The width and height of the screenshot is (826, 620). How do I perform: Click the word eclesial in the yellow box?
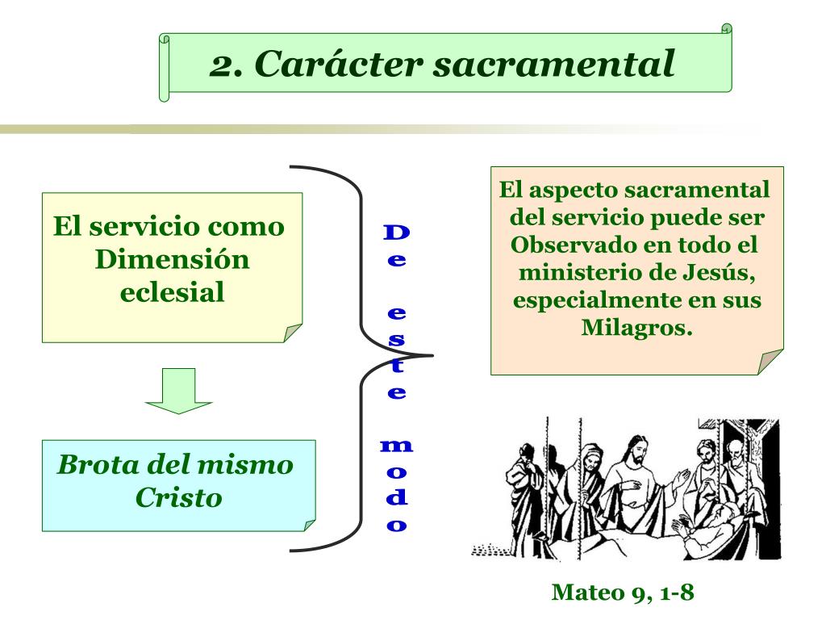point(172,291)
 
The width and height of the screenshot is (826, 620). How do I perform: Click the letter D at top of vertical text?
point(396,233)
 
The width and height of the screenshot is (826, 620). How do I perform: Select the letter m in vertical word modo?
point(396,446)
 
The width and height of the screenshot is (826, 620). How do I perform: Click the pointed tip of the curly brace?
point(432,354)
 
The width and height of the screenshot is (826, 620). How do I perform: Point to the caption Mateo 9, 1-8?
point(622,593)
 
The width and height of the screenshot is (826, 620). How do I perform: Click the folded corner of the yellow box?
point(292,333)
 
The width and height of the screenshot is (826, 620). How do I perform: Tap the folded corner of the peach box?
point(772,362)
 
